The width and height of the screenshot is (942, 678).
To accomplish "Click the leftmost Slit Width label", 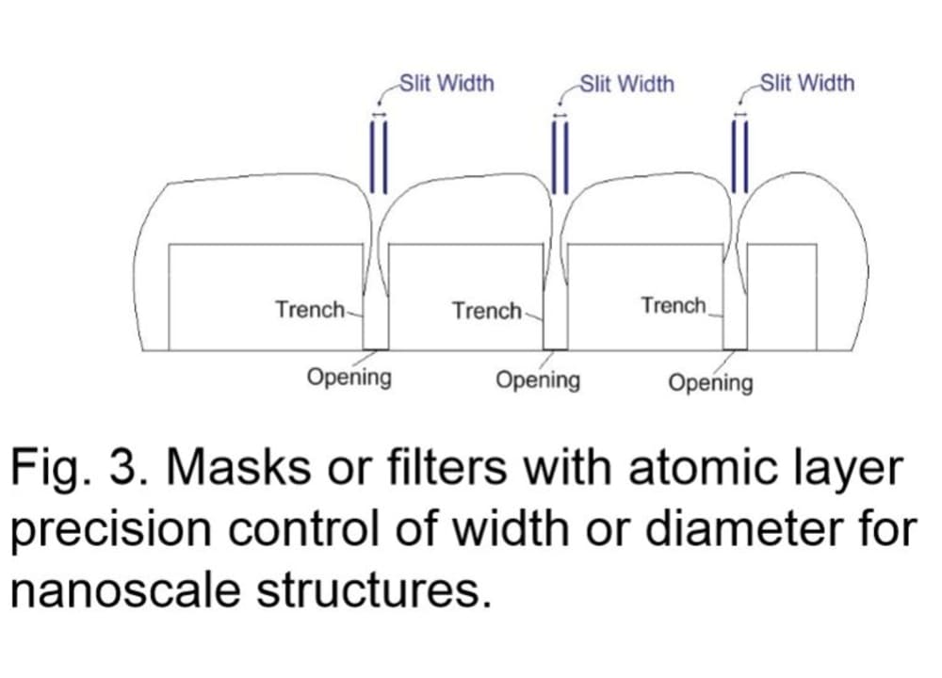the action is pyautogui.click(x=447, y=83).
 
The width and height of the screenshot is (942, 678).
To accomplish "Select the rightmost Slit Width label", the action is pyautogui.click(x=807, y=83).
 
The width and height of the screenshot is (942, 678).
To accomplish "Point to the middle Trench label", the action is pyautogui.click(x=486, y=311).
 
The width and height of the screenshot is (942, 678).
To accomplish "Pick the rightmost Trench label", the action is pyautogui.click(x=674, y=306).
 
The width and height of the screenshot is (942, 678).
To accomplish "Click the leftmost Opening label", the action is pyautogui.click(x=349, y=379).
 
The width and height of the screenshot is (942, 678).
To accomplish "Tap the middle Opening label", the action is pyautogui.click(x=538, y=380).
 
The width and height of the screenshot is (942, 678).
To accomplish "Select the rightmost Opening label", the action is pyautogui.click(x=711, y=382).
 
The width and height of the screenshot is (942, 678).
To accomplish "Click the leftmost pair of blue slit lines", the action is pyautogui.click(x=380, y=155).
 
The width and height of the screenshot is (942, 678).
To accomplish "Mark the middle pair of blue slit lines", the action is pyautogui.click(x=560, y=155).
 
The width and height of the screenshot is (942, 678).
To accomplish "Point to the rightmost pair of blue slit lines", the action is pyautogui.click(x=739, y=155).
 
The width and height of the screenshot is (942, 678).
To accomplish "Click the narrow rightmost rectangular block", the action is pyautogui.click(x=782, y=297).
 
